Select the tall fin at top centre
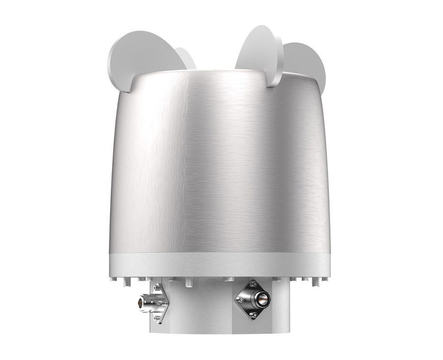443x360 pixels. pos(257,49)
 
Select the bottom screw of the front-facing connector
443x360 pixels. pos(254,315)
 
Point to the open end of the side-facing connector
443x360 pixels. pos(140,302)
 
